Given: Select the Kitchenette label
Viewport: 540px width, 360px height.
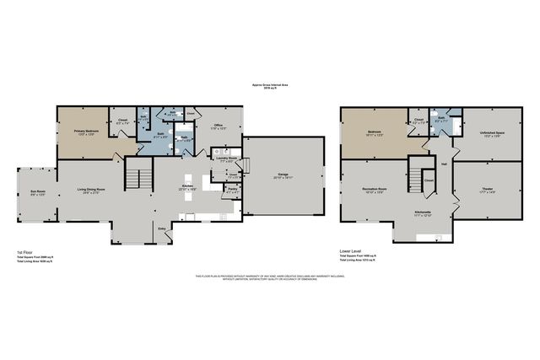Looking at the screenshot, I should tap(424, 213).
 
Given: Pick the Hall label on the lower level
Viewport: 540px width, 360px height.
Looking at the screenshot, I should tap(444, 164).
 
